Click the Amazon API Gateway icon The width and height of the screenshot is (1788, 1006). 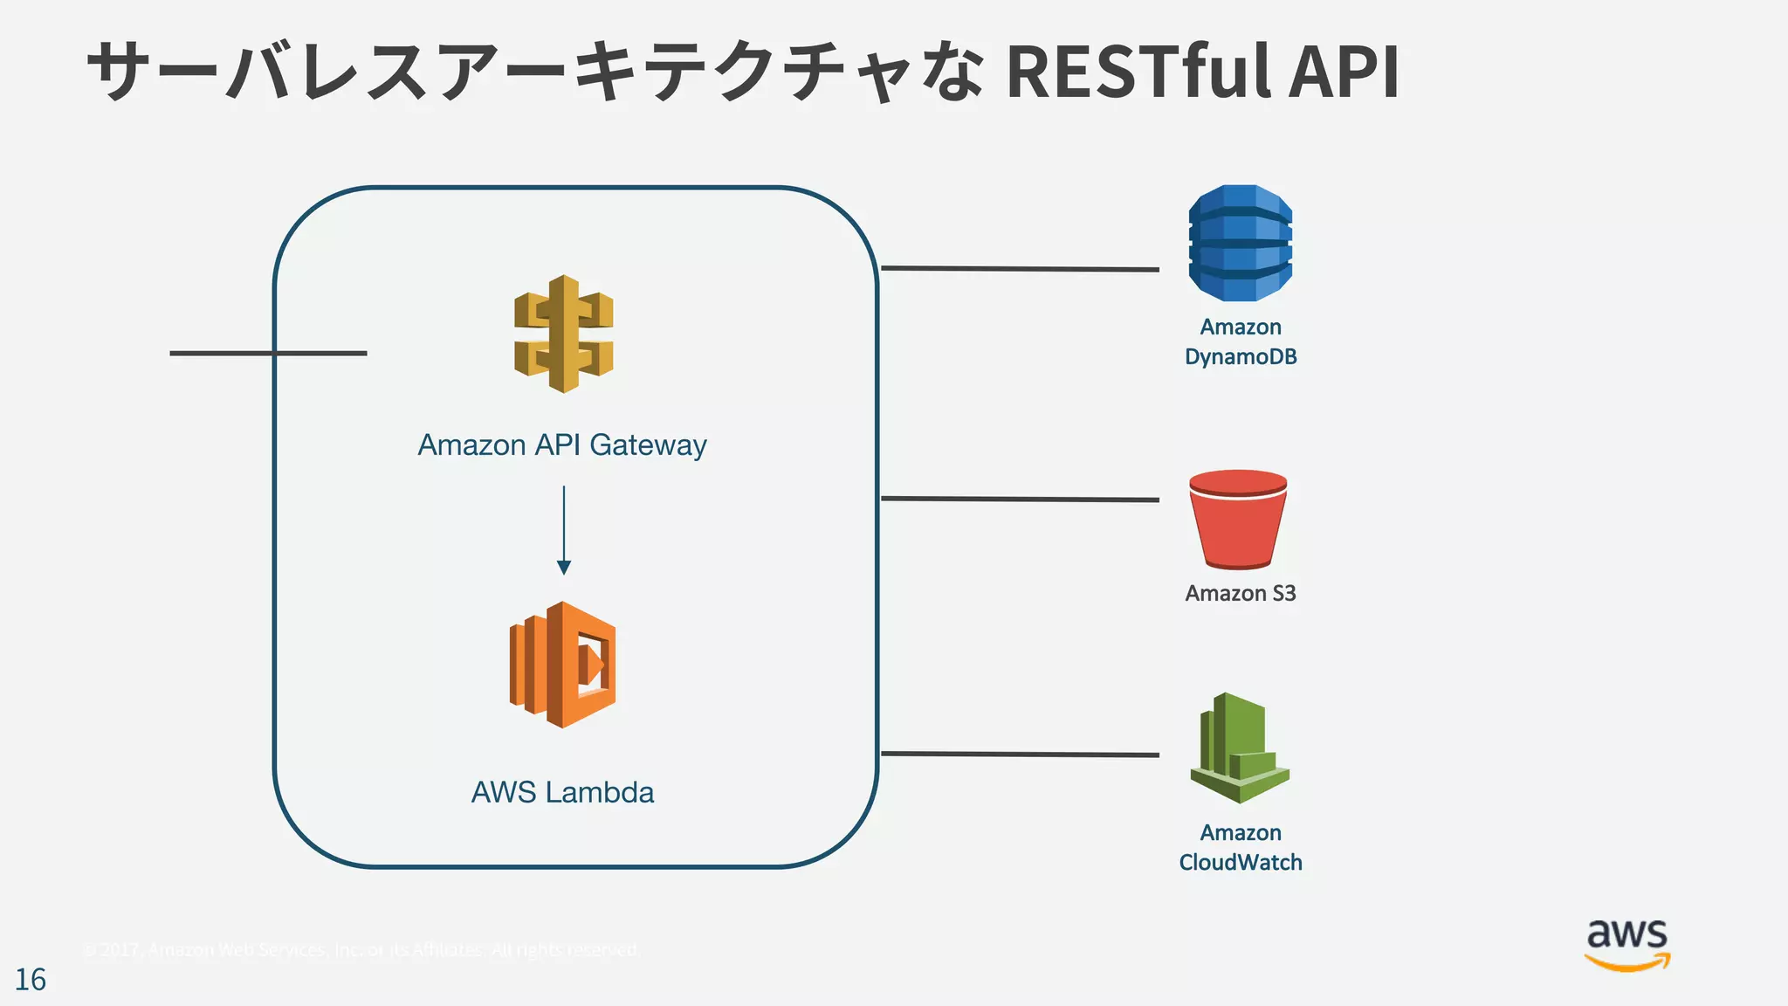tap(563, 334)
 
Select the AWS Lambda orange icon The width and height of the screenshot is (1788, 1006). tap(563, 665)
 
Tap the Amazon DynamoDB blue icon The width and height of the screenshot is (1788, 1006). tap(1240, 243)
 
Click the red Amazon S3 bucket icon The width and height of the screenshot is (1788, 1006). tap(1238, 519)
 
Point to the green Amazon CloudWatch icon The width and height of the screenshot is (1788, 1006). tap(1239, 748)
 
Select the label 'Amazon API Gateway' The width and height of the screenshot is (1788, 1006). tap(562, 445)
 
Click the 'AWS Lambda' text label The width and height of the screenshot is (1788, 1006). tap(562, 792)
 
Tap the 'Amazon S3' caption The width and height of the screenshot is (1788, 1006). tap(1240, 594)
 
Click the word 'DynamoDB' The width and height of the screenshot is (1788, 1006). tap(1240, 357)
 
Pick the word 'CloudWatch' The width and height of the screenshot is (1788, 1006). tap(1240, 863)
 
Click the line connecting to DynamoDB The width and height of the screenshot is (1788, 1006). tap(1020, 269)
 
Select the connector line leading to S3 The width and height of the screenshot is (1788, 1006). tap(1020, 500)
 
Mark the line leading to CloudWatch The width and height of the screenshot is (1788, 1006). tap(1020, 754)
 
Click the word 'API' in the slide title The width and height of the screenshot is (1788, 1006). tap(1344, 72)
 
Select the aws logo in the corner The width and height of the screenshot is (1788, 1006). tap(1626, 945)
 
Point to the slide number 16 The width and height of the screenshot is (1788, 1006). tap(31, 980)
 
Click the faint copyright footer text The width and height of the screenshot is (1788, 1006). tap(361, 949)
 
